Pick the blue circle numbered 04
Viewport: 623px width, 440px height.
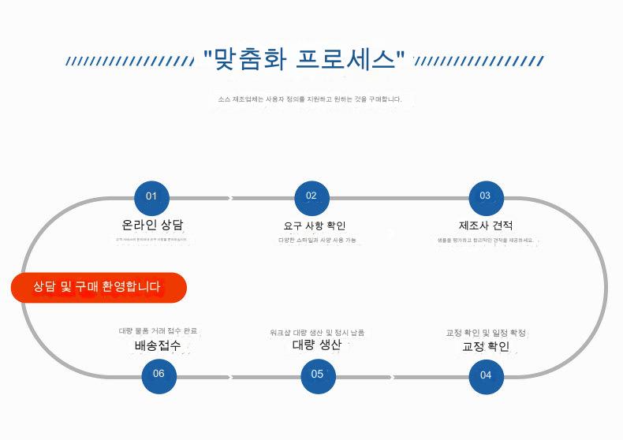point(486,375)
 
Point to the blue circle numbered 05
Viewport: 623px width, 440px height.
point(318,375)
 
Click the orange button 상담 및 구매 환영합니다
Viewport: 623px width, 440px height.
point(99,287)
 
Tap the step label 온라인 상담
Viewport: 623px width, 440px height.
point(152,225)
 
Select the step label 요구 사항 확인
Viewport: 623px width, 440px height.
point(315,226)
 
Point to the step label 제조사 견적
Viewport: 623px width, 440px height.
point(486,226)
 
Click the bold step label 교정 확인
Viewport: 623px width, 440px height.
point(486,346)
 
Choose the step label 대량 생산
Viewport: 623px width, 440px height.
point(317,345)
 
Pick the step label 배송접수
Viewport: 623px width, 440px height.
point(158,346)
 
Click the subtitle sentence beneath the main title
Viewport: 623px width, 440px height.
point(310,99)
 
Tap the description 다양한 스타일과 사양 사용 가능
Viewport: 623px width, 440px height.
point(317,240)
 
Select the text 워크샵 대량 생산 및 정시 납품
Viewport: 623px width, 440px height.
point(317,333)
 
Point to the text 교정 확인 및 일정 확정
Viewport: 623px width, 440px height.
point(486,333)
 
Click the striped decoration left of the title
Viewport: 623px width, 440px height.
point(129,61)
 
